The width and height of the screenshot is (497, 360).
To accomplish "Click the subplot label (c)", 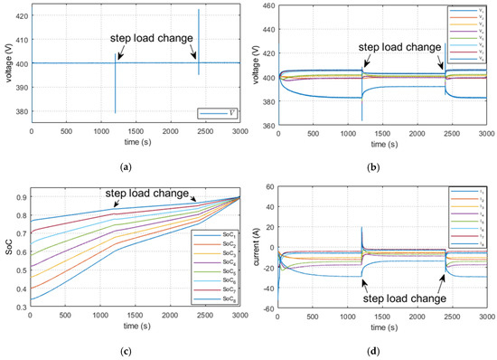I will [x=135, y=347].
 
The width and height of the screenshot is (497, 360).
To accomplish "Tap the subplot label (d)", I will [x=381, y=347].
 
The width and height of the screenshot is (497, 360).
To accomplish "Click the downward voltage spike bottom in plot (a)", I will [x=115, y=113].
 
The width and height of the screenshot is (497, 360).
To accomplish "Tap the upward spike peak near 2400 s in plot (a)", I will [x=199, y=10].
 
